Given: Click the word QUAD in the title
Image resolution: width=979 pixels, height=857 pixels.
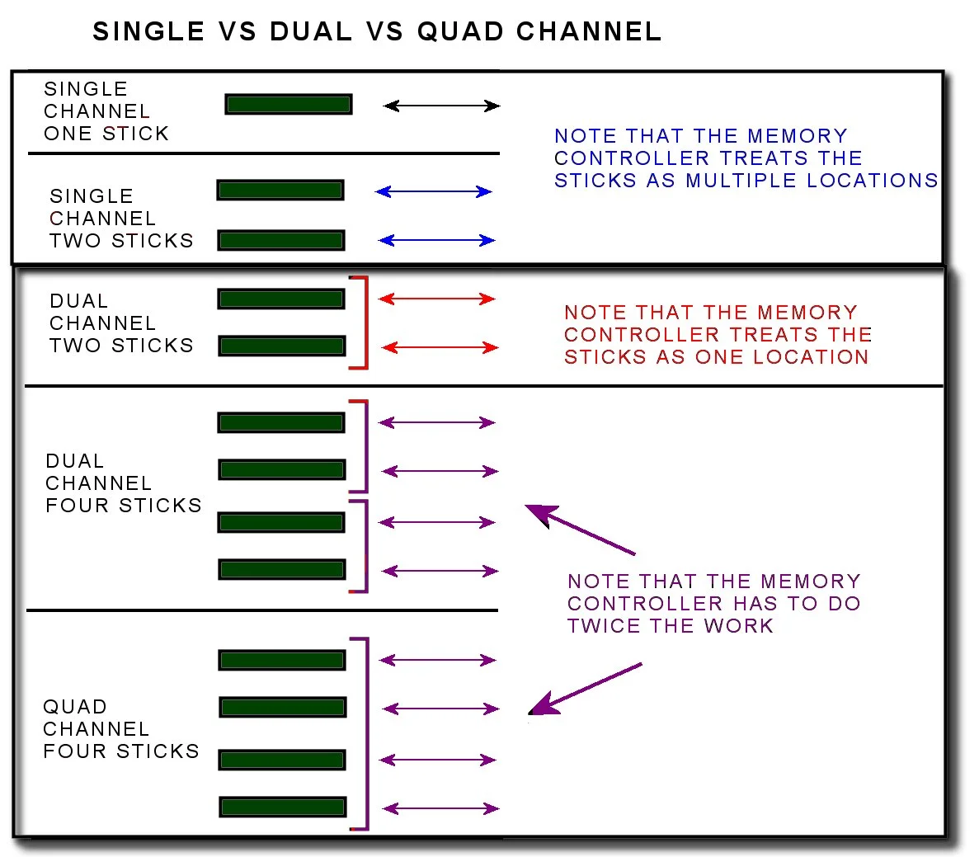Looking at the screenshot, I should pos(461,31).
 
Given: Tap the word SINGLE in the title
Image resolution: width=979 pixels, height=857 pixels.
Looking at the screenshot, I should pos(148,31).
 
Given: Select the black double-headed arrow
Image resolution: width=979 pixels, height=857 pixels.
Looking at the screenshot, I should pos(442,106).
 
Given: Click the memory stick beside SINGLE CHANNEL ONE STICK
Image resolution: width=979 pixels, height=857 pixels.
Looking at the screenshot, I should pos(289,105).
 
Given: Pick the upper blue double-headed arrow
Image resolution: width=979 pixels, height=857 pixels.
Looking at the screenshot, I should pos(434,191).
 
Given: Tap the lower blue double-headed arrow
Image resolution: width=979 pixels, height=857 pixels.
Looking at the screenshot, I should pos(436,241).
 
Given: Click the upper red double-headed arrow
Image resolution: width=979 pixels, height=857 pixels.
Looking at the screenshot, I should pos(436,299).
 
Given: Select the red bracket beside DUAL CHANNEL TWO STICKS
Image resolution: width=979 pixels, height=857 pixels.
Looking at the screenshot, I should pos(362,323).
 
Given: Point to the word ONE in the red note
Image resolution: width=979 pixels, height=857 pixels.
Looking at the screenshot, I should pos(722,357).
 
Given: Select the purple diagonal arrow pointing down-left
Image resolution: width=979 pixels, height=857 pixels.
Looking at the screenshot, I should pos(584,688).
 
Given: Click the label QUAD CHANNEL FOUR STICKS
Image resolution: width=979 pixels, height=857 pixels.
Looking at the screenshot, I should pos(120,729).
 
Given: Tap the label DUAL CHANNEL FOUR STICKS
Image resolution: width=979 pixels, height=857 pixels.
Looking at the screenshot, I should pos(123,483).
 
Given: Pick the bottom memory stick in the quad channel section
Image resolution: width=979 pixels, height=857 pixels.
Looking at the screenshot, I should pos(282,807).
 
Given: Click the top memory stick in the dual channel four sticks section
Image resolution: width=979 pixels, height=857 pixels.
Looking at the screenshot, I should pos(281,422).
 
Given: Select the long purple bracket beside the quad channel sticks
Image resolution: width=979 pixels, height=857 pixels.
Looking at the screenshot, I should pos(364,733).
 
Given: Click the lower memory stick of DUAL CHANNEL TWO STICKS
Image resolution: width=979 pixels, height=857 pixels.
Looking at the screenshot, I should pos(281,346).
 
